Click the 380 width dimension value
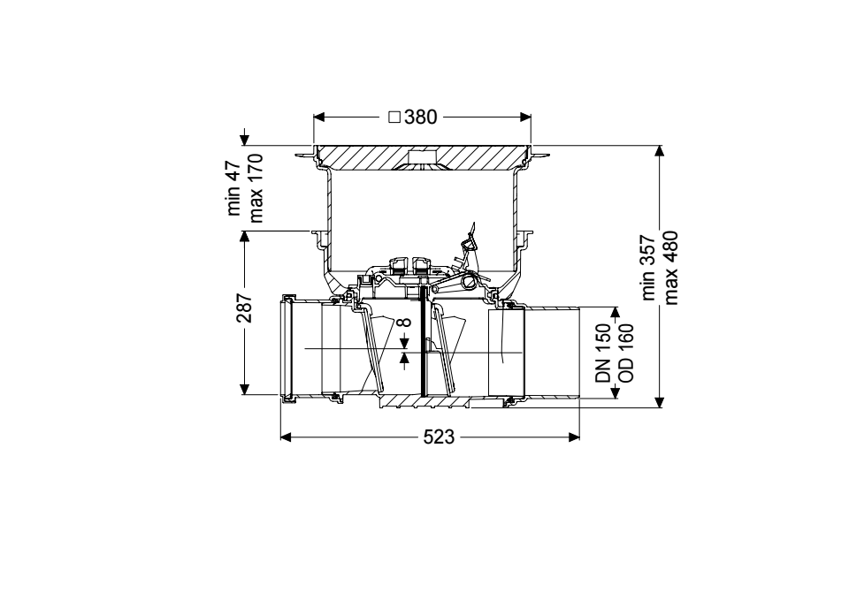pos(420,117)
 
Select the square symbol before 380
pos(394,117)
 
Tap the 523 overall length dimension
pos(439,437)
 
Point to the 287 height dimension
pos(244,308)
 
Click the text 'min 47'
pos(233,187)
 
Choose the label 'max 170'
pos(255,188)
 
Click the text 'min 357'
pos(648,267)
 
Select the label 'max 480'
pos(670,268)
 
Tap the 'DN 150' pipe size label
pos(603,353)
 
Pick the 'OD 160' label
pos(625,353)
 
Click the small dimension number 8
pos(404,323)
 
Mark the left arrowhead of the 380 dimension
pos(319,117)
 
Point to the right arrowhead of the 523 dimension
pos(575,437)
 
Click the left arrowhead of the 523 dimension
pos(286,437)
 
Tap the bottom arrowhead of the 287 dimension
pos(244,389)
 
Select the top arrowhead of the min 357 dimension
pos(659,151)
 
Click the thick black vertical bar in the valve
pos(421,340)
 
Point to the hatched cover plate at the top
pos(423,156)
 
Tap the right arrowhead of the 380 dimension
pos(525,117)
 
